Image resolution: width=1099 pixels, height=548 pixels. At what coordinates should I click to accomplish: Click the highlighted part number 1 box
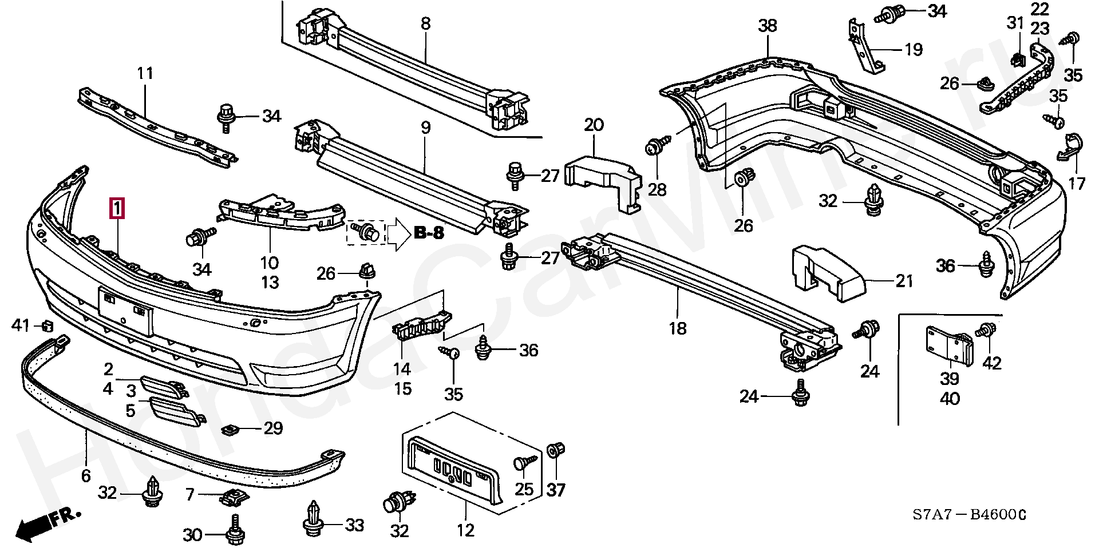[117, 209]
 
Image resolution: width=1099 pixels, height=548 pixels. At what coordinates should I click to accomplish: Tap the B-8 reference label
[429, 233]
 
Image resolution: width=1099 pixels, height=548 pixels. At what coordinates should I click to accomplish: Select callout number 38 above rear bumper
[768, 26]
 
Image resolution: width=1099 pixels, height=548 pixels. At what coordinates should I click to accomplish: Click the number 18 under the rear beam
[678, 328]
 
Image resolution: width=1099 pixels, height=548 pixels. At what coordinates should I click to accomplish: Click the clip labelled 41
[48, 326]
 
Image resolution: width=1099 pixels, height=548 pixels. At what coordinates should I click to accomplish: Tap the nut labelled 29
[230, 428]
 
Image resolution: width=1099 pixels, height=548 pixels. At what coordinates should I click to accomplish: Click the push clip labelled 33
[313, 519]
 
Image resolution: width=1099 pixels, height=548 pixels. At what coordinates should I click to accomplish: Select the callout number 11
[145, 73]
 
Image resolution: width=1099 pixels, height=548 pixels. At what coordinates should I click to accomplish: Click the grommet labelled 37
[555, 451]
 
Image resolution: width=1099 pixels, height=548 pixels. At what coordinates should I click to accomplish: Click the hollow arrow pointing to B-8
[399, 233]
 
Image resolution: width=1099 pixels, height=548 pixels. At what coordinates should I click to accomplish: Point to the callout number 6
[86, 475]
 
